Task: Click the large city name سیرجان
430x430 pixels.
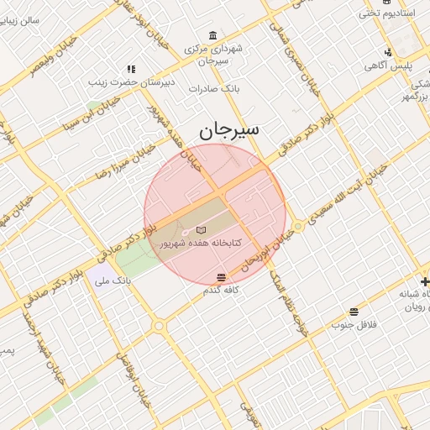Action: click(x=229, y=130)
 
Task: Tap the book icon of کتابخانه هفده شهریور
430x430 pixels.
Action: click(x=200, y=229)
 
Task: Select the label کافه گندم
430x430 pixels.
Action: click(x=222, y=290)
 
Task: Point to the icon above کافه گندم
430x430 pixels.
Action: click(x=221, y=277)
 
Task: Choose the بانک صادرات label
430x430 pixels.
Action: click(x=215, y=87)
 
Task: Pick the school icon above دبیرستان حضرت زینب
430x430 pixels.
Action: click(x=131, y=69)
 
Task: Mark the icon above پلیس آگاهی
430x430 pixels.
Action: click(x=387, y=52)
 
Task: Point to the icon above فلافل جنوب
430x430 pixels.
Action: click(x=354, y=312)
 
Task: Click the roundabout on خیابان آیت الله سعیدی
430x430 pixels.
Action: click(x=297, y=226)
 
